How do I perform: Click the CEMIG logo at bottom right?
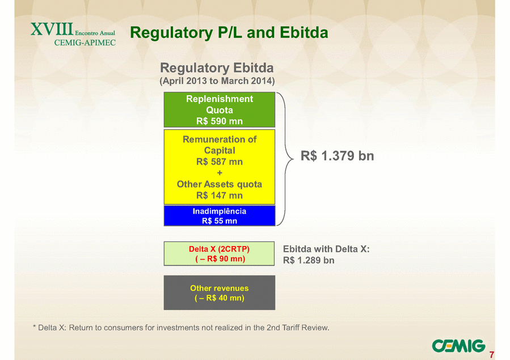tap(458, 346)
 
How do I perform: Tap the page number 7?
tap(492, 354)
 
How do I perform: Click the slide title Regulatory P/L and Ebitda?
tap(229, 33)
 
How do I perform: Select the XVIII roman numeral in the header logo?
tap(52, 29)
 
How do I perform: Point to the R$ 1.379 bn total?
tap(338, 156)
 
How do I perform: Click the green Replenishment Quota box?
tap(220, 109)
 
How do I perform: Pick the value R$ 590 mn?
tap(220, 121)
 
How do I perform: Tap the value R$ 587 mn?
tap(220, 162)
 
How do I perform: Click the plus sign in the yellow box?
tap(220, 173)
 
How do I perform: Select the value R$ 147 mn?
tap(220, 196)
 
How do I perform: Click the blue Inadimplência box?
tap(220, 216)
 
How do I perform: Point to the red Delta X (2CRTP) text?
tap(219, 249)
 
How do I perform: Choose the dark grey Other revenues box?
tap(220, 293)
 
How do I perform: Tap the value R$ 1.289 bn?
tap(309, 260)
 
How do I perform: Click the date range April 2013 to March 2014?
tap(217, 81)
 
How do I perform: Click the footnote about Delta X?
tap(181, 328)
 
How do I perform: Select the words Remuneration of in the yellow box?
tap(220, 139)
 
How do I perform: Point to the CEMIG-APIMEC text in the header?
tap(85, 43)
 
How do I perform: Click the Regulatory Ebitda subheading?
tap(217, 68)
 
